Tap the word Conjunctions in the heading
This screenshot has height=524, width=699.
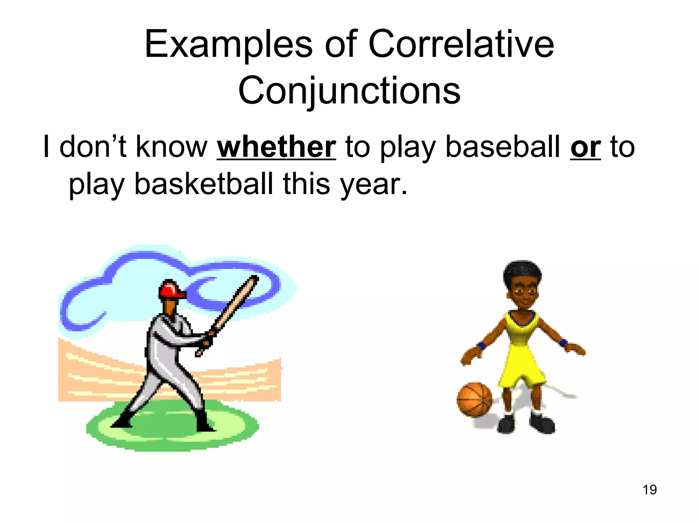point(349,91)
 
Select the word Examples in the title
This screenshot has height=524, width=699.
point(228,45)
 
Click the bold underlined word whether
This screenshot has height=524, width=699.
point(276,147)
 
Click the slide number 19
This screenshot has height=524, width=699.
point(650,490)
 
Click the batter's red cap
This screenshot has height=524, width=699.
point(171,289)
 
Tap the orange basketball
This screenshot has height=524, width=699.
point(474,399)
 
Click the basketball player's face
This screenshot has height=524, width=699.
point(523,293)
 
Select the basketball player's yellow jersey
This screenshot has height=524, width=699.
point(520,345)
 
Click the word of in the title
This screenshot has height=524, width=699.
point(341,44)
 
